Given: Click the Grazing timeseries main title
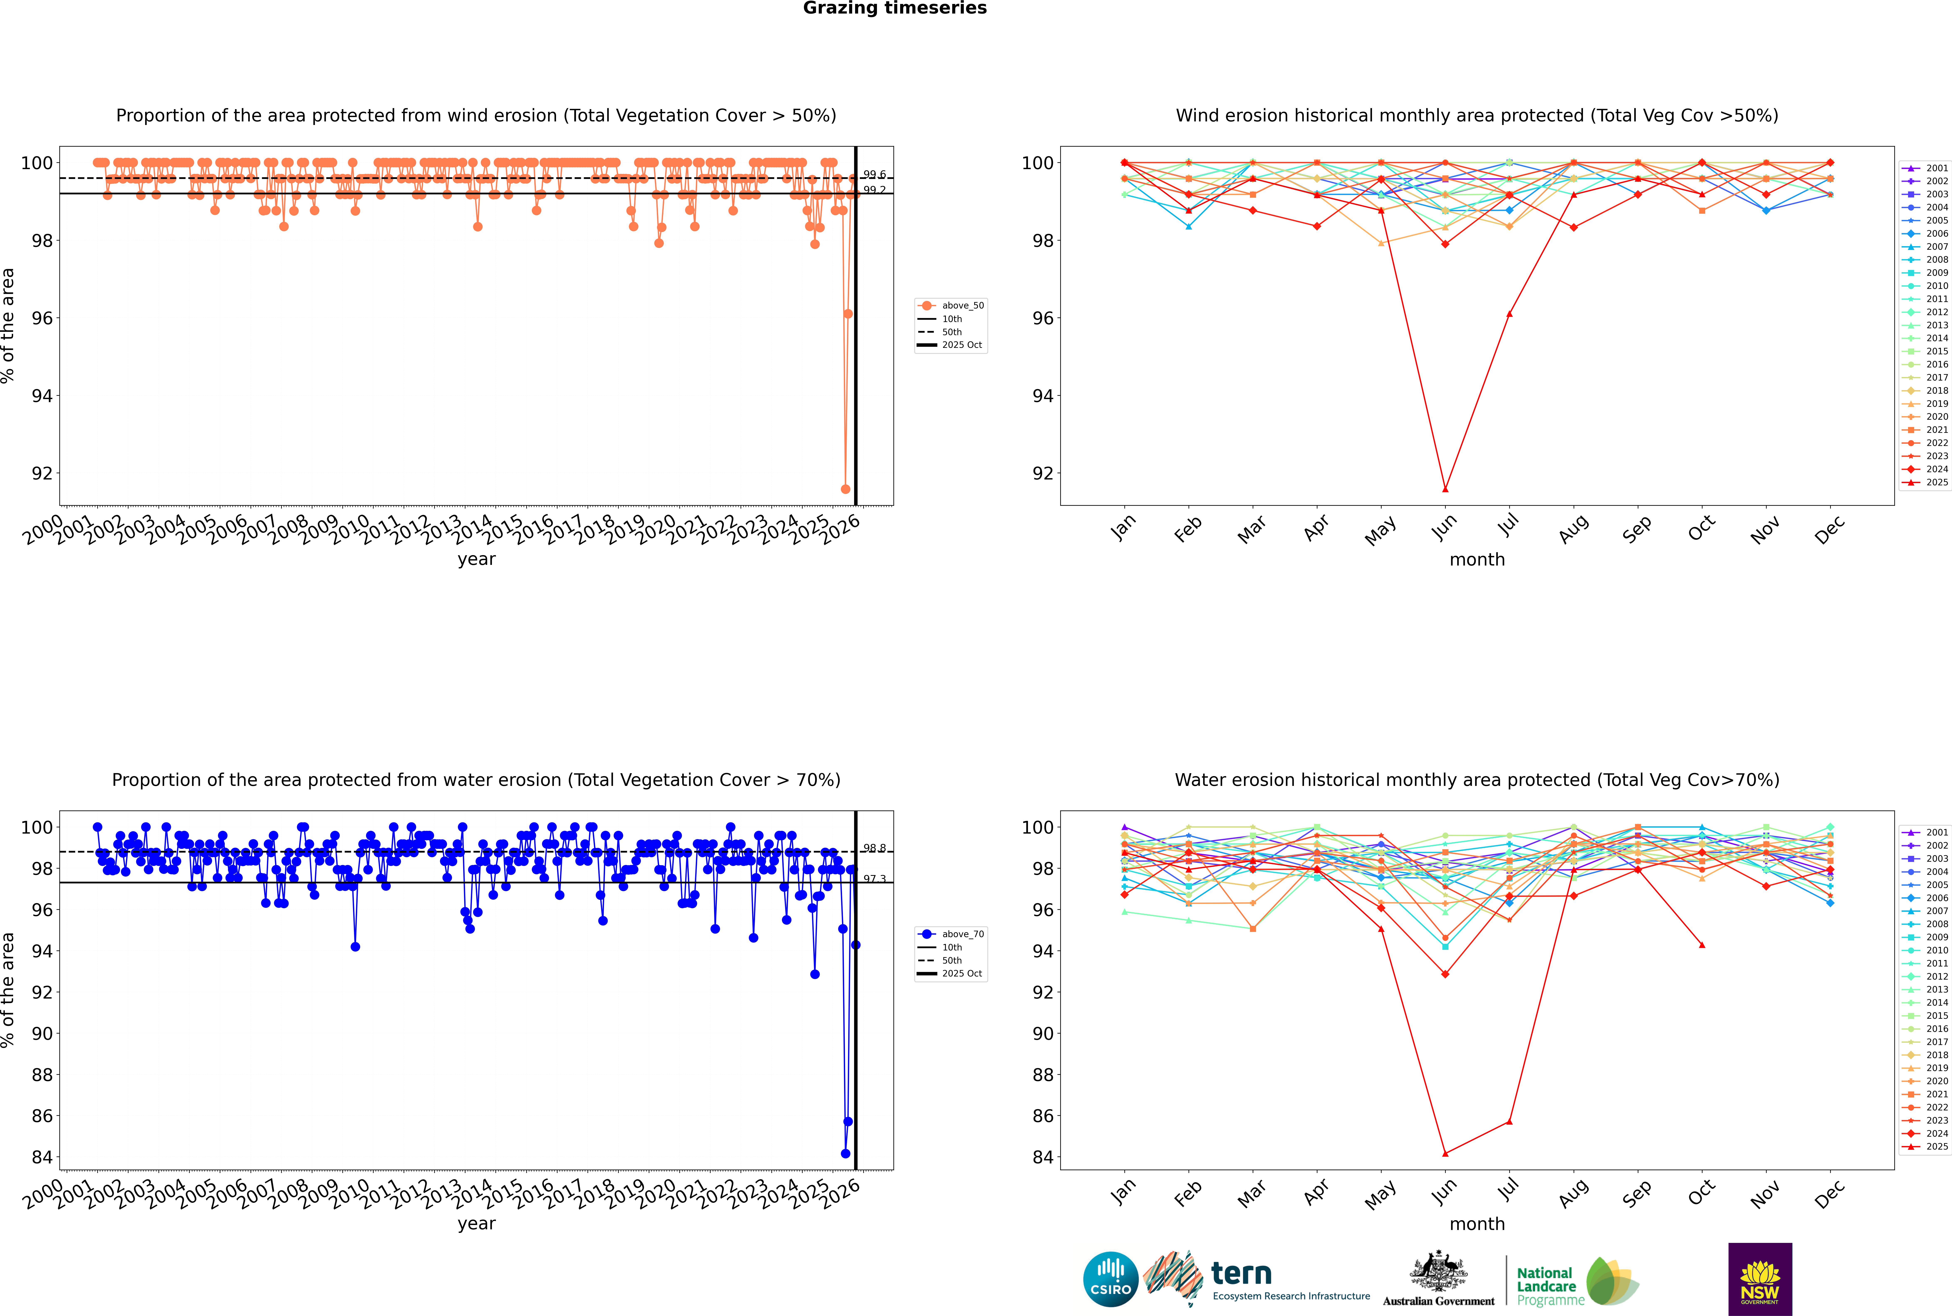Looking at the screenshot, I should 895,8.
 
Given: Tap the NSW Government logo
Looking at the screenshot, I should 1760,1279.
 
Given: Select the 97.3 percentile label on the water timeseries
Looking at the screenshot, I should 874,879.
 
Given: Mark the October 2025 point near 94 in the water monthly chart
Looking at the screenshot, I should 1702,945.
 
